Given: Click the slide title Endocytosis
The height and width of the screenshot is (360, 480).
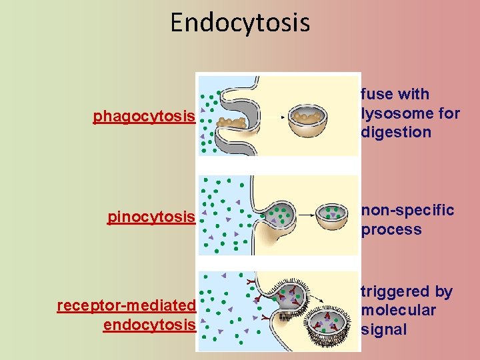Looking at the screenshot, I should pyautogui.click(x=240, y=22).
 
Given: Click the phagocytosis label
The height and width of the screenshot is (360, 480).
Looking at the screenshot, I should pyautogui.click(x=144, y=117).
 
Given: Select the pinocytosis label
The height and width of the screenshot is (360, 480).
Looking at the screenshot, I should pyautogui.click(x=151, y=217).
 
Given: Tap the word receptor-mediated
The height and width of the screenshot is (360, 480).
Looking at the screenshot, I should pyautogui.click(x=126, y=305).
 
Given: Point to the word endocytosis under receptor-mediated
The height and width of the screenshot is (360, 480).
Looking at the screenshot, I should pyautogui.click(x=149, y=325).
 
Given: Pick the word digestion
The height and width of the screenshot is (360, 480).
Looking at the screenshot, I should pyautogui.click(x=396, y=132).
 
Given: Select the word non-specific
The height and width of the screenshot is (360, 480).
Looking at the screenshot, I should pyautogui.click(x=408, y=211).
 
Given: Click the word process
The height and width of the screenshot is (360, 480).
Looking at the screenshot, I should pyautogui.click(x=391, y=230).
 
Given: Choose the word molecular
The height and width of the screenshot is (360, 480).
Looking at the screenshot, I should pyautogui.click(x=399, y=310).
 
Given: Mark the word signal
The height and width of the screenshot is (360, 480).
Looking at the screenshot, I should pyautogui.click(x=384, y=329).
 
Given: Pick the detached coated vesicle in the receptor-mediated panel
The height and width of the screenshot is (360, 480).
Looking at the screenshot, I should pyautogui.click(x=327, y=323).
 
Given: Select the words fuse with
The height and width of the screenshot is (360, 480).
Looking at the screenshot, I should pyautogui.click(x=395, y=95).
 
